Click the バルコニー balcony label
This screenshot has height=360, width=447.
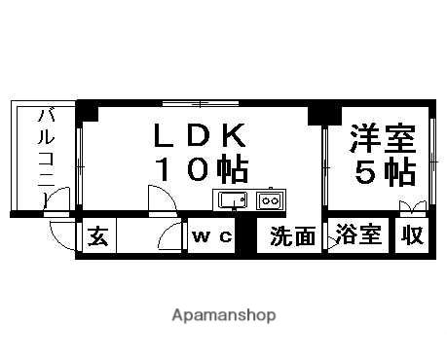[x=46, y=156]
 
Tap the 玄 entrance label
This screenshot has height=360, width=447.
[x=96, y=235]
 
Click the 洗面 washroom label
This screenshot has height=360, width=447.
[x=292, y=235]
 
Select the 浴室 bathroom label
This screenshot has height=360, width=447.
[x=358, y=235]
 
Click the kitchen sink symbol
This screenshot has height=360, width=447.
[x=233, y=201]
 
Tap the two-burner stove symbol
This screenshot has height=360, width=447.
[x=268, y=201]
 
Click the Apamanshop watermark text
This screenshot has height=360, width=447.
[x=223, y=315]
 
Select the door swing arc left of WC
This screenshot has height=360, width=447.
[x=172, y=236]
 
